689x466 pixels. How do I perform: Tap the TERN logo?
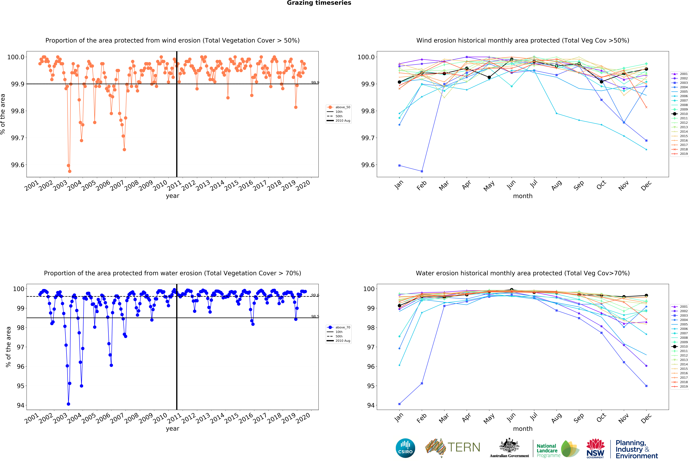(453, 447)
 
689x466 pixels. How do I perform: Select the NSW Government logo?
(595, 448)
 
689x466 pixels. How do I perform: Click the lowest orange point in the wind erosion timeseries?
(70, 171)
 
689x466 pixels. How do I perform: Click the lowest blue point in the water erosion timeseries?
(69, 404)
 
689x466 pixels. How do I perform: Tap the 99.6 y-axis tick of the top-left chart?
(17, 165)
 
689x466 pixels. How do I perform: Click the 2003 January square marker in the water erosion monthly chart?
(399, 404)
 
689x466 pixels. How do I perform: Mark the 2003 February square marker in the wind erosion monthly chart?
(422, 171)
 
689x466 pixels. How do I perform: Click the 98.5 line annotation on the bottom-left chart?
(315, 316)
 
